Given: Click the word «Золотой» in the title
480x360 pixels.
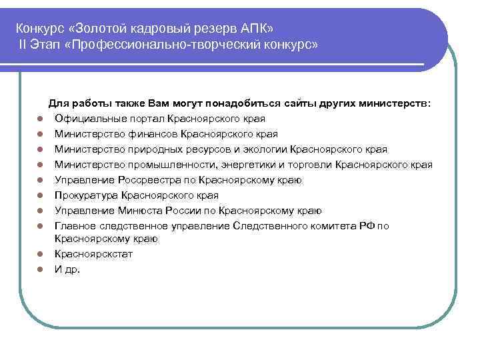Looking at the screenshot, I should click(x=100, y=29).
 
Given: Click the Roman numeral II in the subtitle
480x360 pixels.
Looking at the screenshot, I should click(x=23, y=45).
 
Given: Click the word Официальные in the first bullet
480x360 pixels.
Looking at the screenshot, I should click(x=88, y=119).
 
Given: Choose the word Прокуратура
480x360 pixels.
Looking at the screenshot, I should click(x=87, y=195).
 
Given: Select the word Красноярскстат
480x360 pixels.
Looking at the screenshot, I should click(x=93, y=254).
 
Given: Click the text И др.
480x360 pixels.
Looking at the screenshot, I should click(x=67, y=269).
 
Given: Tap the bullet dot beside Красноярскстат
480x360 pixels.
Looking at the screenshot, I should click(x=40, y=255).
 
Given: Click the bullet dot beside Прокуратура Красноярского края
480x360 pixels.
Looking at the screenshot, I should click(x=40, y=196).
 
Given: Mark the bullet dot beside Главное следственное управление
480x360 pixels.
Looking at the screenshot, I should click(x=40, y=227).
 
